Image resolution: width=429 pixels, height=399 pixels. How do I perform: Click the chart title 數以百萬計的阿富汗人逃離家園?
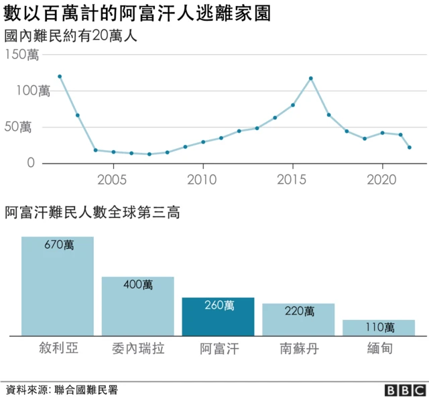tap(137, 13)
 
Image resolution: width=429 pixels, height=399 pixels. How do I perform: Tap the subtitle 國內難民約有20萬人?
tap(70, 36)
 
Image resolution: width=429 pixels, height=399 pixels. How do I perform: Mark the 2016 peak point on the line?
tap(311, 78)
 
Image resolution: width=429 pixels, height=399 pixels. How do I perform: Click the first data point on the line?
tap(60, 76)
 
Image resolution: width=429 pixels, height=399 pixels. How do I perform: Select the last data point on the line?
tap(410, 148)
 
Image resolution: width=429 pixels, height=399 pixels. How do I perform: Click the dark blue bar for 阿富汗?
tap(218, 317)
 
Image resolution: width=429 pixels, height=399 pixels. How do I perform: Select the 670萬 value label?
tap(58, 245)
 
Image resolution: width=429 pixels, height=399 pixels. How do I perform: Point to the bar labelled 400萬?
tap(137, 306)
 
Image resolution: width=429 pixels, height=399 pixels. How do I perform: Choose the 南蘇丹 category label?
tap(298, 349)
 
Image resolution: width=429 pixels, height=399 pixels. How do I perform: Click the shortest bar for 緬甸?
tap(379, 327)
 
